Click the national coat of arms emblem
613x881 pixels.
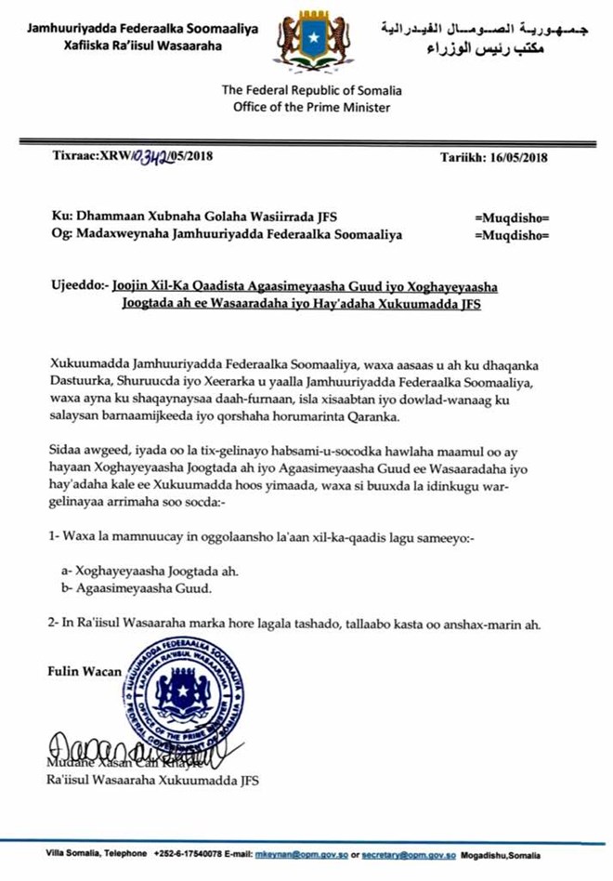click(306, 43)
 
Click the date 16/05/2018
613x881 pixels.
click(525, 157)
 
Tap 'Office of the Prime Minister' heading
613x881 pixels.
click(306, 107)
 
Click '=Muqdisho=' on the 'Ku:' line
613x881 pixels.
click(512, 217)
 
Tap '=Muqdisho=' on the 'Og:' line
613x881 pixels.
click(512, 235)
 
